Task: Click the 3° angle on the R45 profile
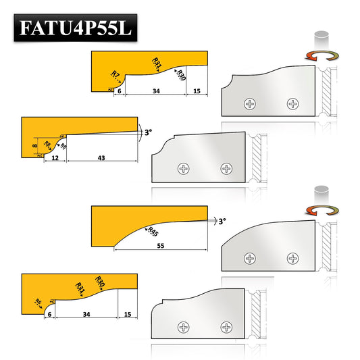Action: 222,220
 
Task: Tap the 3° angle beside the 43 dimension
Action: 148,132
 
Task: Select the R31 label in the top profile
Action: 157,63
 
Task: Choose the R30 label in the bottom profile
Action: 101,282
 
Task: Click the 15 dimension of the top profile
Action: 196,90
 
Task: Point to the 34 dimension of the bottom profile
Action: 86,315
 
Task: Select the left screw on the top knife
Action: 251,104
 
